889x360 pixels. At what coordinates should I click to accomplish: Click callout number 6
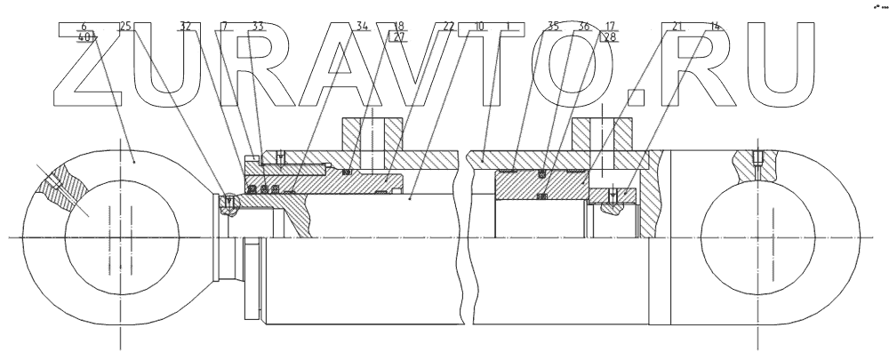(84, 27)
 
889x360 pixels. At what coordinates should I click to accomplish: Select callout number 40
(85, 38)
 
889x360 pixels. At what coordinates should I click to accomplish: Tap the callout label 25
(125, 27)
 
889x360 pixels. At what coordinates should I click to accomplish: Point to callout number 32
(185, 27)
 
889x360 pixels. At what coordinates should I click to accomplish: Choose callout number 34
(362, 27)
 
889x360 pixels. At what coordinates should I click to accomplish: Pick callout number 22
(448, 27)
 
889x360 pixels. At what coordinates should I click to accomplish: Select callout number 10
(479, 27)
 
